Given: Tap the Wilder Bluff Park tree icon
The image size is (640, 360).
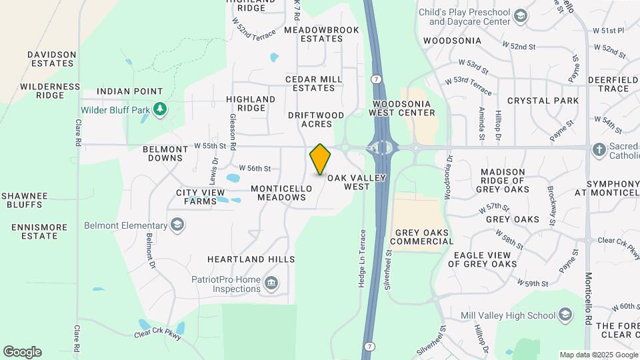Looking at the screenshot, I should coord(159,109).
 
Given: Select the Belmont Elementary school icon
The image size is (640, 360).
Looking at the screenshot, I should coord(177,225).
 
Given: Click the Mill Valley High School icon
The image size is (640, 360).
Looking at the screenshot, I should coord(565,315).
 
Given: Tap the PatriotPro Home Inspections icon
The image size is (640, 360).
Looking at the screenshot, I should coord(271,284).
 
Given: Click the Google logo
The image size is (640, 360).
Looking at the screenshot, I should coord(22,352).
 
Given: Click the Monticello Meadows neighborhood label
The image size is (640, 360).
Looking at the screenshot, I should coord(281,193).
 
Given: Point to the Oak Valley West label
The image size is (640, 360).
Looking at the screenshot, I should coord(357,182).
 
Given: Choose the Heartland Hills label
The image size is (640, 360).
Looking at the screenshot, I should coord(251,259).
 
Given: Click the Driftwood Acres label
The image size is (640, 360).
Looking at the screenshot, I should coord(316,119).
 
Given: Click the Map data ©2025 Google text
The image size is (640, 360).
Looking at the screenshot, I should coord(598,355).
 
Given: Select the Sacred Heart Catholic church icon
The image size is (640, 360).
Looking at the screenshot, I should coord(598,149).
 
